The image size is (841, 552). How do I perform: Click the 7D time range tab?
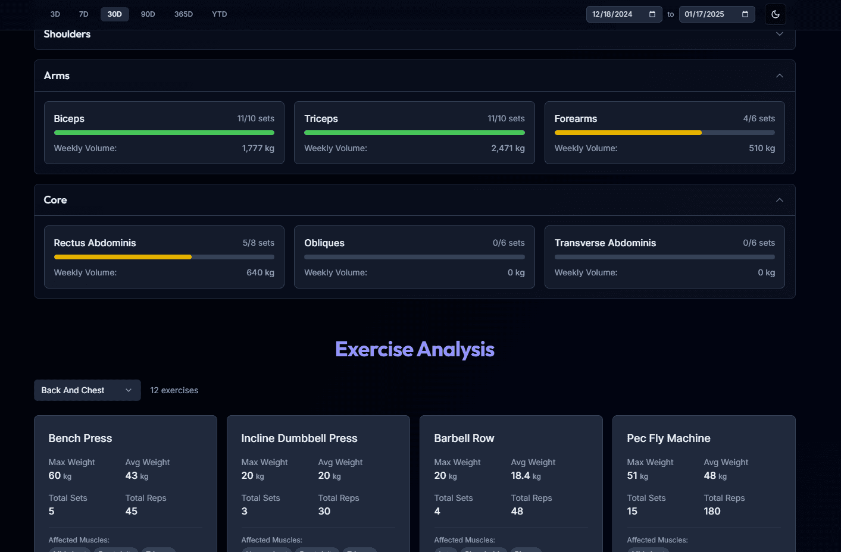[83, 14]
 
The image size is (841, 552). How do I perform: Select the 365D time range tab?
[183, 14]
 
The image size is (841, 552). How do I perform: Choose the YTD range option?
[219, 14]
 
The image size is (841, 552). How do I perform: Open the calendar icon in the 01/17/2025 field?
[745, 14]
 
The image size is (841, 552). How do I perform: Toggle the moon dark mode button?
[775, 14]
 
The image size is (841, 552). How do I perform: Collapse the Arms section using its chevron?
[779, 76]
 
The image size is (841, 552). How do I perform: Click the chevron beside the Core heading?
[779, 200]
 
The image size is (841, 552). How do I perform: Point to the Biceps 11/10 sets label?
[255, 118]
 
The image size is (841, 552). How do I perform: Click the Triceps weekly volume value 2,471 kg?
[508, 148]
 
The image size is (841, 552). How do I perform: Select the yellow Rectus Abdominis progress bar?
[123, 257]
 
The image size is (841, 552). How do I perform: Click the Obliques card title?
[324, 243]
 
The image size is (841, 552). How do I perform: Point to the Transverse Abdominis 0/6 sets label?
[758, 243]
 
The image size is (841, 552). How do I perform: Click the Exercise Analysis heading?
[415, 349]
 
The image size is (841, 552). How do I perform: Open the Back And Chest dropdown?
[87, 390]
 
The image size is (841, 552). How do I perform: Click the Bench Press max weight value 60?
[55, 475]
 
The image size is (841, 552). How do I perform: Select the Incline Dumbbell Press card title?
[299, 438]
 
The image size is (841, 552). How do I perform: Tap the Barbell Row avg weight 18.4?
[520, 475]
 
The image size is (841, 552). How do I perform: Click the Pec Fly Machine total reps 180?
[712, 511]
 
